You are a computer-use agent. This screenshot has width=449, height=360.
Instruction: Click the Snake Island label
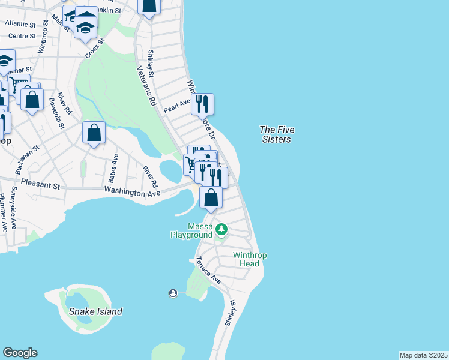point(95,311)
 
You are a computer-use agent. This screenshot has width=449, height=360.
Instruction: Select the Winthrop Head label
point(250,259)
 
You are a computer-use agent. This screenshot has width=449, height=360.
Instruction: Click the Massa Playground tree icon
point(221,229)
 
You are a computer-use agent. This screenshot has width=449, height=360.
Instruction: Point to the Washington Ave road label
point(132,192)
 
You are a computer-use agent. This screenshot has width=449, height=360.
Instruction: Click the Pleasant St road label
point(41,184)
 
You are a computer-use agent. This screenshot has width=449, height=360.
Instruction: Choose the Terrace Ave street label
point(208,271)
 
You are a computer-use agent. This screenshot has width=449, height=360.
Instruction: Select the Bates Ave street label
point(115,169)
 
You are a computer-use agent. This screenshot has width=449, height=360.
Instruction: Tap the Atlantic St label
point(21,23)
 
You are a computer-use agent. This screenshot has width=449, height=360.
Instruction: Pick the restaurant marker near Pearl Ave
point(203,104)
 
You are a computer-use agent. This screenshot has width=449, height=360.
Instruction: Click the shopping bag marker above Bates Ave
point(94,133)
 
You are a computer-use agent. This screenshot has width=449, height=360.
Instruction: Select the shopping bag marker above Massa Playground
point(211,197)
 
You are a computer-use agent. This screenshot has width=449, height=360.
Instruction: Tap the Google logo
point(20,353)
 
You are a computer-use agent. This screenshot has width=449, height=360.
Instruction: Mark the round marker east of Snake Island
point(173,293)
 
